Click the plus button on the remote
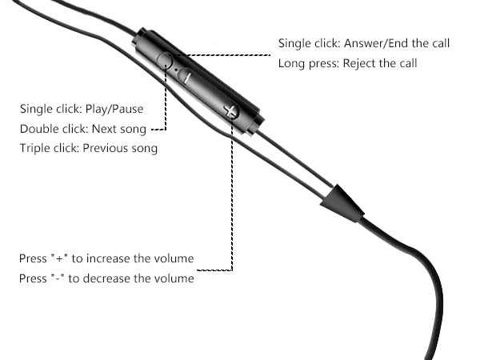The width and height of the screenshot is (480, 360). tap(231, 111)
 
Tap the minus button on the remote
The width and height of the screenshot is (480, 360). tap(186, 76)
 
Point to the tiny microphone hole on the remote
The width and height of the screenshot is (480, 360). tap(176, 70)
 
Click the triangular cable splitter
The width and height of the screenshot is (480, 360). tap(342, 204)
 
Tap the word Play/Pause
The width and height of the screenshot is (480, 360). tap(114, 109)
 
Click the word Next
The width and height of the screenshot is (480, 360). tap(104, 129)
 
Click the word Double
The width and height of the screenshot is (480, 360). tap(39, 129)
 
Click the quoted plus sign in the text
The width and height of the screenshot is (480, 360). tap(59, 258)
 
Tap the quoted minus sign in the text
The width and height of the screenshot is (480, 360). tap(58, 278)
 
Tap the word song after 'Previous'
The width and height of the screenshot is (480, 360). tap(145, 149)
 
